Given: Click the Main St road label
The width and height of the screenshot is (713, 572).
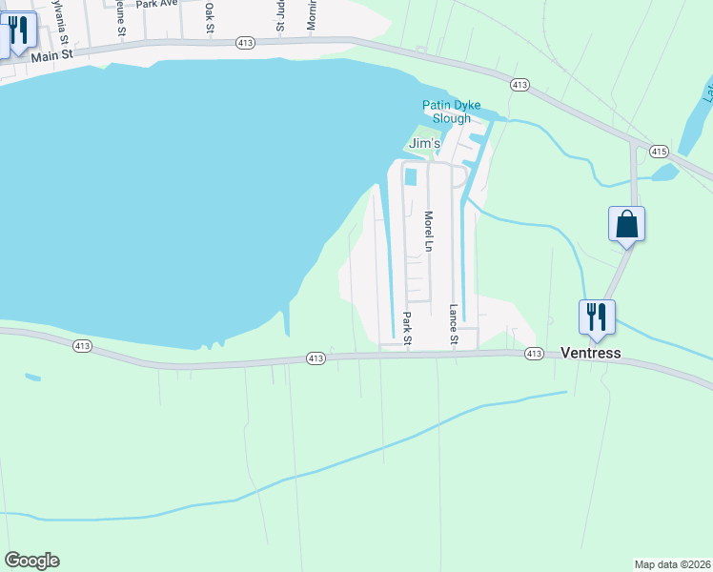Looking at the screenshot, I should click(51, 56).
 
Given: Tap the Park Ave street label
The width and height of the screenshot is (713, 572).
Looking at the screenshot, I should click(157, 5).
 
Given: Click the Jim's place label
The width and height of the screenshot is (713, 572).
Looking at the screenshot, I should click(424, 143).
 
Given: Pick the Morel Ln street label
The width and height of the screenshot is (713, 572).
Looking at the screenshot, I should click(429, 233).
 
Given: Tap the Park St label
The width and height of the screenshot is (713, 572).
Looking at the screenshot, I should click(407, 327).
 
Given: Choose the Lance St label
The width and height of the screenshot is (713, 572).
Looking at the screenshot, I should click(454, 325).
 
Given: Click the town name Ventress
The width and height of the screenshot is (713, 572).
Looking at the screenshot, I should click(590, 353).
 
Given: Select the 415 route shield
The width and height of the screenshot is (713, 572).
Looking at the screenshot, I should click(659, 152).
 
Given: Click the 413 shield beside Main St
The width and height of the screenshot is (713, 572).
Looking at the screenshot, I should click(245, 43).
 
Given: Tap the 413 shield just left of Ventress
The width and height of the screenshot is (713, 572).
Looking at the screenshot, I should click(534, 354).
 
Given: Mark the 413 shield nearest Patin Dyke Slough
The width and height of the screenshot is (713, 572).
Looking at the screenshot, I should click(519, 85).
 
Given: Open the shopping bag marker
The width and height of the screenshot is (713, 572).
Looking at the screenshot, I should click(627, 225).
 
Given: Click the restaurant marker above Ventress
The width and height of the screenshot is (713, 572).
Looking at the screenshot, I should click(597, 317).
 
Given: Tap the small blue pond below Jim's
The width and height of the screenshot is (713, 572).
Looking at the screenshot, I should click(411, 176).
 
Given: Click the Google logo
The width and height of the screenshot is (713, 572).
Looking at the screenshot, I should click(31, 561).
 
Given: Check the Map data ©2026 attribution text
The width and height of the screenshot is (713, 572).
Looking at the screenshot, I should click(673, 564).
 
